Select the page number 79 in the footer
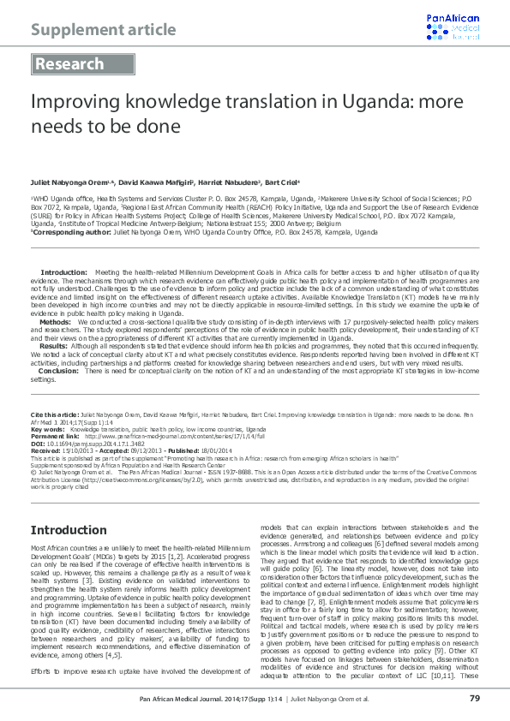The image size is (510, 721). pyautogui.click(x=473, y=699)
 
